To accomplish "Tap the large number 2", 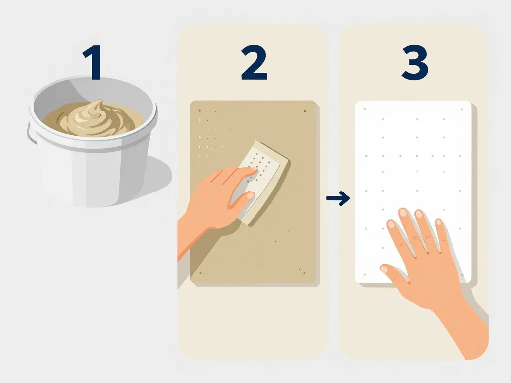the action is [254, 62].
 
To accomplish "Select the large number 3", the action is [415, 62].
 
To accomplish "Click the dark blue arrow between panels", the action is [338, 198].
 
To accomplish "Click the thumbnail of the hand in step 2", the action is [250, 195].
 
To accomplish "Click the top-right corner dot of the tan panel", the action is [305, 111].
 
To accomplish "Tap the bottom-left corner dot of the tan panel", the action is [200, 273].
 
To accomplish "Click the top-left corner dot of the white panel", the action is [365, 109].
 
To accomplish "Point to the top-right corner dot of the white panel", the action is [462, 109].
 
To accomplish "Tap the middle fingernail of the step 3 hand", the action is [403, 212].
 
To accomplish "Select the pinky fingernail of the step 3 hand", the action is [439, 222].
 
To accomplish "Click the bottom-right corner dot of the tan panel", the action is [305, 273].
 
